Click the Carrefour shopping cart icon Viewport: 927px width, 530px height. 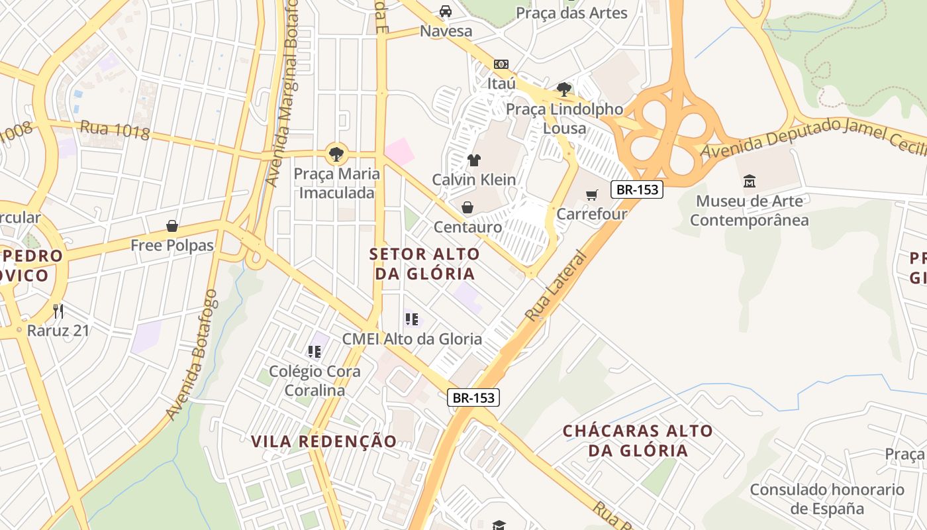pos(591,195)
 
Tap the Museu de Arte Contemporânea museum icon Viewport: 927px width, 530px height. pos(750,181)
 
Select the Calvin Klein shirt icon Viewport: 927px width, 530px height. pos(474,160)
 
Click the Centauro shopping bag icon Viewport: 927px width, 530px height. pos(467,208)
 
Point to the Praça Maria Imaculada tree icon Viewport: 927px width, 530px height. pos(336,154)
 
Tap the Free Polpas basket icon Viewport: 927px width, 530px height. pos(172,227)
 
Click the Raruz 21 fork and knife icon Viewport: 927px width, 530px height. pos(58,311)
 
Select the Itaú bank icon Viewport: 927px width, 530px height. pos(501,64)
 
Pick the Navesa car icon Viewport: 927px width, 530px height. pos(446,11)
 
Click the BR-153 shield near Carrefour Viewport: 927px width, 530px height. pos(637,189)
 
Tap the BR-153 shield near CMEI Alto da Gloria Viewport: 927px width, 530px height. pos(473,397)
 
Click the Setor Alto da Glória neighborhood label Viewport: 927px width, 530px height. pos(424,264)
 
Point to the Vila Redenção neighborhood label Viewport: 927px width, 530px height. pos(324,441)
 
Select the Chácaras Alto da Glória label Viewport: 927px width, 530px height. pos(638,441)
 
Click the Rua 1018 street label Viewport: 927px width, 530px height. pos(115,130)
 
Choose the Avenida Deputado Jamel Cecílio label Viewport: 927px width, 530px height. pos(813,138)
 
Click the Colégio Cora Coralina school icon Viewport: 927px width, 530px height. pos(315,352)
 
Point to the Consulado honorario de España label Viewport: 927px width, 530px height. pos(827,499)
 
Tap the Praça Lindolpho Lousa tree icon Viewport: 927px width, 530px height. pos(564,89)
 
